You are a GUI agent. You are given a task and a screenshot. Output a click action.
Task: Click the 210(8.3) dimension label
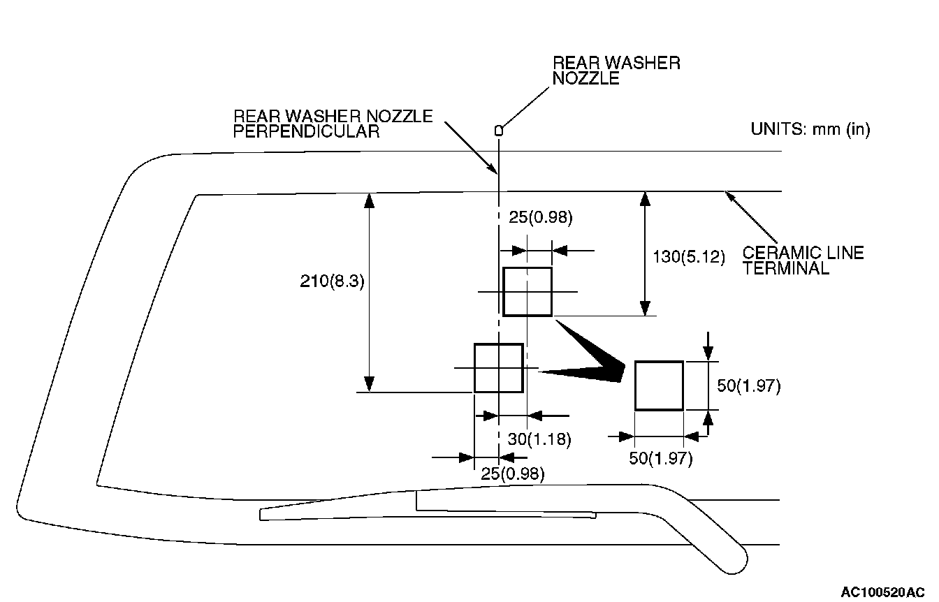332,281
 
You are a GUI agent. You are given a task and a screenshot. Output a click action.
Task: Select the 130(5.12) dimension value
689,256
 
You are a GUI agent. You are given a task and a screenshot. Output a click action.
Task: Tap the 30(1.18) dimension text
539,439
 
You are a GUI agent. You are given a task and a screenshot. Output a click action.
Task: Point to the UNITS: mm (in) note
810,129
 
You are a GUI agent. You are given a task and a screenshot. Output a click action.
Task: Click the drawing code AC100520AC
882,592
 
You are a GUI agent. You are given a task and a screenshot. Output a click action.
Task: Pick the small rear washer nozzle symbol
498,131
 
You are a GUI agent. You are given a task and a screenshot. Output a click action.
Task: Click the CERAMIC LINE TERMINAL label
803,260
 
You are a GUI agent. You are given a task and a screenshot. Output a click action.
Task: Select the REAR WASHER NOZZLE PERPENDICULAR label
333,124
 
